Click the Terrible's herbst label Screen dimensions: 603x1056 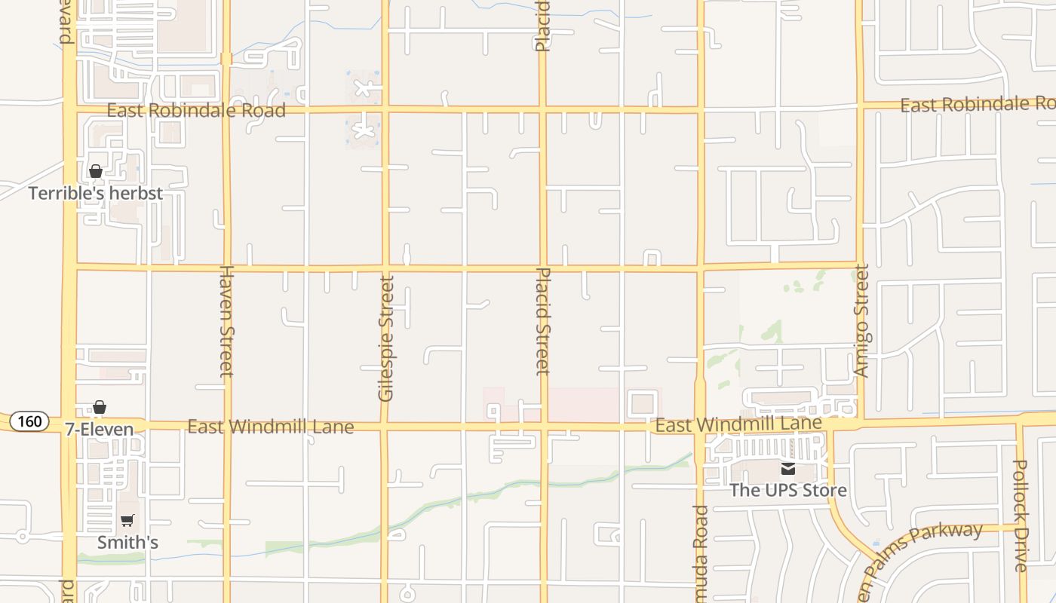tap(96, 194)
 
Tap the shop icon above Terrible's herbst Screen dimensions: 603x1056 tap(96, 172)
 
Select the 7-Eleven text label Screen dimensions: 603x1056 tap(99, 430)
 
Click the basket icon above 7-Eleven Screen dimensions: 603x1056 tap(99, 408)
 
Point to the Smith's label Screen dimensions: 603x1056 tap(127, 542)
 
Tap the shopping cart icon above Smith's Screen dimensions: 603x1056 tap(127, 520)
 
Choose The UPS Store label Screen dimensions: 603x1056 tap(788, 490)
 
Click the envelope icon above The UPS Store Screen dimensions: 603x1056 tap(788, 469)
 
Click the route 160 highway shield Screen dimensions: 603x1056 tap(30, 421)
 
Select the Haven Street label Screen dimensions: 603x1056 tap(226, 320)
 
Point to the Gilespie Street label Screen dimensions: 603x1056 tap(386, 338)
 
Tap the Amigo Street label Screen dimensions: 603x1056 tap(861, 320)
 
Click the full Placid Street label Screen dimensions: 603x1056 tap(543, 321)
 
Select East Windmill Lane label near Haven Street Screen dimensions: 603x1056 tap(270, 427)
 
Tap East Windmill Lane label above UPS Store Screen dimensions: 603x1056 tap(738, 424)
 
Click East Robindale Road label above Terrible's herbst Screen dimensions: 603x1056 tap(196, 111)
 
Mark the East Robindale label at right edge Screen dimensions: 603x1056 tap(978, 105)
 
